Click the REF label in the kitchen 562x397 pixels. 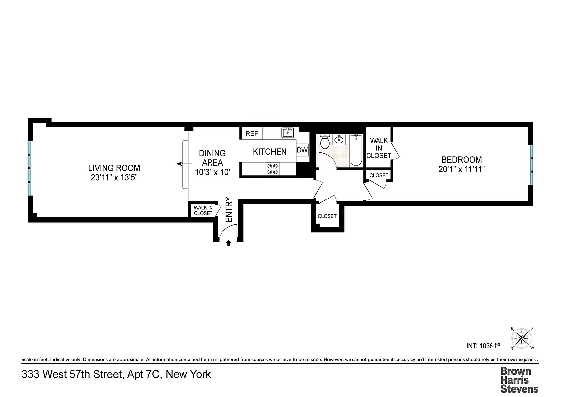pyautogui.click(x=252, y=133)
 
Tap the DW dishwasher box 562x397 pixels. pyautogui.click(x=302, y=150)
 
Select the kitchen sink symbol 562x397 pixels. pyautogui.click(x=288, y=132)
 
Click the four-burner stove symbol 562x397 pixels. pyautogui.click(x=272, y=169)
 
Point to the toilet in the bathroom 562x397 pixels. pyautogui.click(x=325, y=143)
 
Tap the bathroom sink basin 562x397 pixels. pyautogui.click(x=340, y=139)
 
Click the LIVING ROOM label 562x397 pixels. pyautogui.click(x=114, y=168)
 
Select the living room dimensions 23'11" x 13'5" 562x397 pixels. pyautogui.click(x=114, y=177)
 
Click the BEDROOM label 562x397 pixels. pyautogui.click(x=461, y=159)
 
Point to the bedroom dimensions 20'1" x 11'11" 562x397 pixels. pyautogui.click(x=461, y=169)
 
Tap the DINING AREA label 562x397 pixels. pyautogui.click(x=212, y=158)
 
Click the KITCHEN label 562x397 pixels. pyautogui.click(x=270, y=152)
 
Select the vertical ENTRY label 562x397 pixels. pyautogui.click(x=229, y=209)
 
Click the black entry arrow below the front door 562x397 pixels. pyautogui.click(x=228, y=243)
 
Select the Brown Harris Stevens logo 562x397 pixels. pyautogui.click(x=519, y=380)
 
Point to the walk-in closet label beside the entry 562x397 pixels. pyautogui.click(x=203, y=210)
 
